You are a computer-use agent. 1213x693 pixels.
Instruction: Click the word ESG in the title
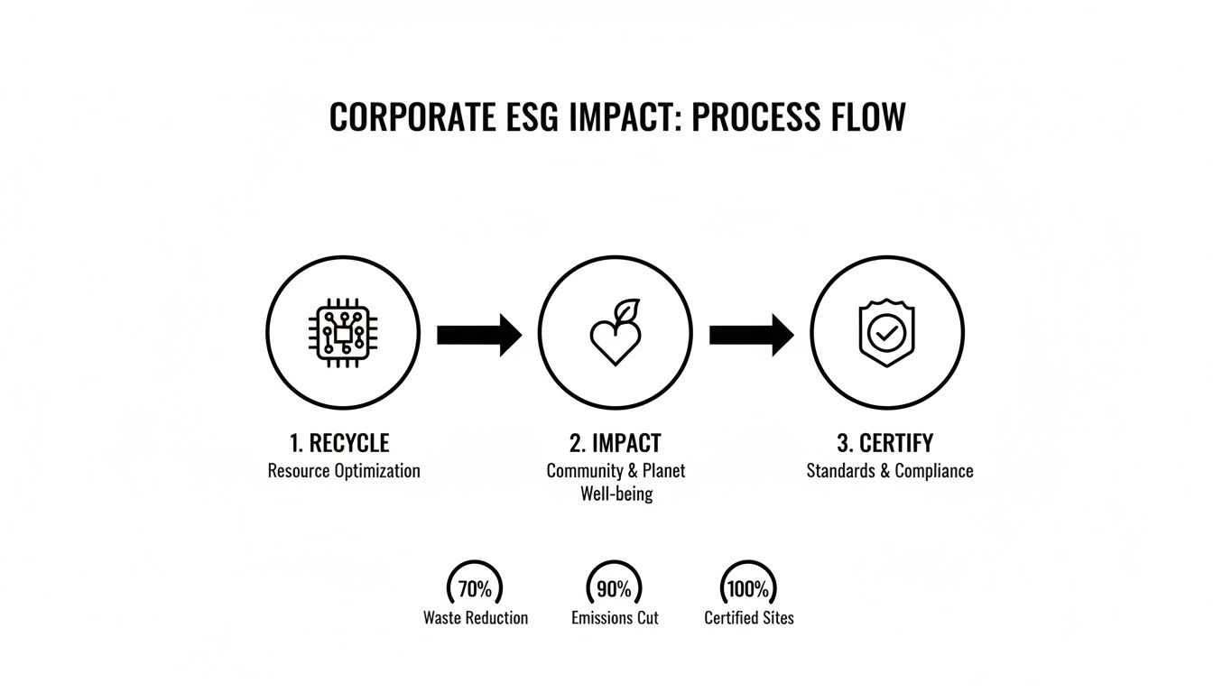pyautogui.click(x=532, y=116)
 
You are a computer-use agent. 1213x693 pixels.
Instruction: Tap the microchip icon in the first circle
pyautogui.click(x=343, y=333)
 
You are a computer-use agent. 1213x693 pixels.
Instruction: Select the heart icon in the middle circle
pyautogui.click(x=616, y=342)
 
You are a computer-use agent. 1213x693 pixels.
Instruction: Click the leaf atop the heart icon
pyautogui.click(x=627, y=310)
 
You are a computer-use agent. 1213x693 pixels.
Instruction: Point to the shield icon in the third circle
pyautogui.click(x=887, y=332)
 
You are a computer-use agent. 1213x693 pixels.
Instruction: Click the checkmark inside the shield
pyautogui.click(x=887, y=334)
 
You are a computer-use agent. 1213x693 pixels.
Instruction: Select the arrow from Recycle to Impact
pyautogui.click(x=479, y=335)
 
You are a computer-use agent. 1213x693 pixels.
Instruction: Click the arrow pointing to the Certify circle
pyautogui.click(x=752, y=335)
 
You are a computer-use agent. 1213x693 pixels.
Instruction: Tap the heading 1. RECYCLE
pyautogui.click(x=339, y=443)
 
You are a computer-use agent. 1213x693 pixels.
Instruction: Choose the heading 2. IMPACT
pyautogui.click(x=616, y=443)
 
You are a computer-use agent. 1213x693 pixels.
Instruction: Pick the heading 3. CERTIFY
pyautogui.click(x=885, y=443)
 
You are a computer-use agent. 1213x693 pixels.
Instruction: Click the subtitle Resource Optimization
pyautogui.click(x=344, y=470)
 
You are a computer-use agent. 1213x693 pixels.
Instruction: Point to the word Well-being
pyautogui.click(x=616, y=494)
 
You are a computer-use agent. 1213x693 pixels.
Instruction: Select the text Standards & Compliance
pyautogui.click(x=890, y=470)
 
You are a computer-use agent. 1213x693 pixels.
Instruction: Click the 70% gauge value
pyautogui.click(x=475, y=589)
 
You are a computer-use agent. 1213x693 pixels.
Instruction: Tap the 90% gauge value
pyautogui.click(x=614, y=589)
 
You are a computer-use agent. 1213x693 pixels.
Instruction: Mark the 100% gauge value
pyautogui.click(x=748, y=589)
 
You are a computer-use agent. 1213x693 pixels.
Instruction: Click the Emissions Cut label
pyautogui.click(x=615, y=618)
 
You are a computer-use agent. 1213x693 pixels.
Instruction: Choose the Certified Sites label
pyautogui.click(x=749, y=618)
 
